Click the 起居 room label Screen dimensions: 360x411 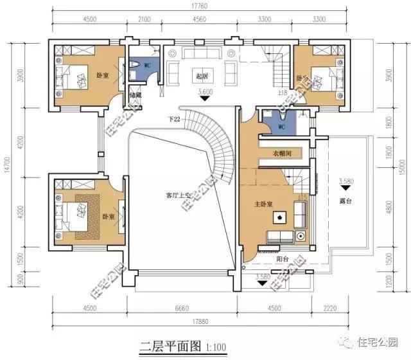tap(203, 76)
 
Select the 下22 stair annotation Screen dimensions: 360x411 tap(173, 119)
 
